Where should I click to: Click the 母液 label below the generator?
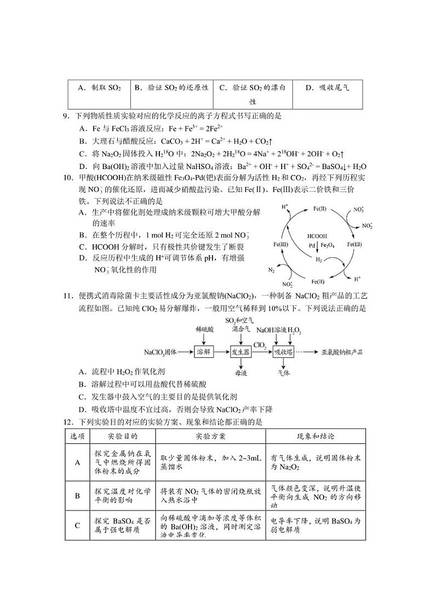tap(241, 372)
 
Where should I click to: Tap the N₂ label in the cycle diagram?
tap(271, 270)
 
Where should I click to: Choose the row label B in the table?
tap(77, 496)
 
